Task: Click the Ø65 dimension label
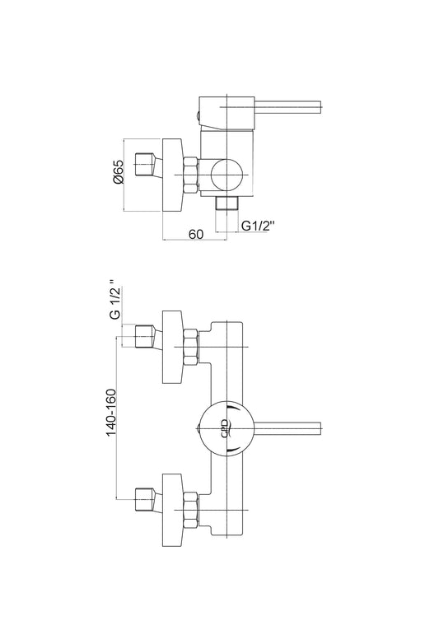119,172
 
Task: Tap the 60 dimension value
196,234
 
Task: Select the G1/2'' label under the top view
258,226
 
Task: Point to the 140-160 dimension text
111,413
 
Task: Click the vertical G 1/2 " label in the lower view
114,300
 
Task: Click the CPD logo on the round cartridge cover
225,428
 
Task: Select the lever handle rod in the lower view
287,428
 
